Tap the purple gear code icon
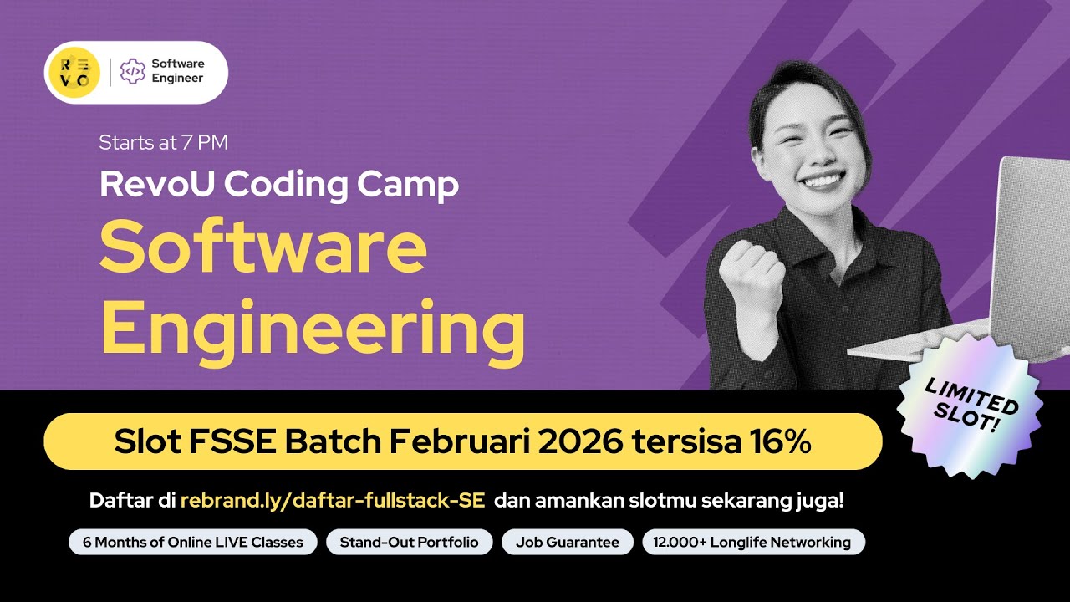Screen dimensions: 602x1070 [x=132, y=72]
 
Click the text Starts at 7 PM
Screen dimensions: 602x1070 [x=163, y=142]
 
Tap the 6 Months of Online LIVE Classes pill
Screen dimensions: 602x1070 [x=192, y=542]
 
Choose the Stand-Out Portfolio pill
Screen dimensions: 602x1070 [x=409, y=542]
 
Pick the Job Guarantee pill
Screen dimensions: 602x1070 [x=568, y=542]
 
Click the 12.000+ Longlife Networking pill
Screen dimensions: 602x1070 [x=753, y=542]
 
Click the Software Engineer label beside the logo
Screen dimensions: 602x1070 [x=177, y=72]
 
